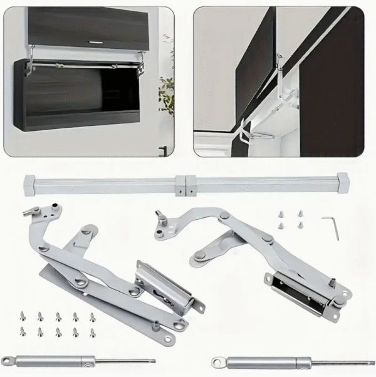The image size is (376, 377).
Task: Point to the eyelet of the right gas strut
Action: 219,362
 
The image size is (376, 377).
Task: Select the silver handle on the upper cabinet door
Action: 97,42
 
